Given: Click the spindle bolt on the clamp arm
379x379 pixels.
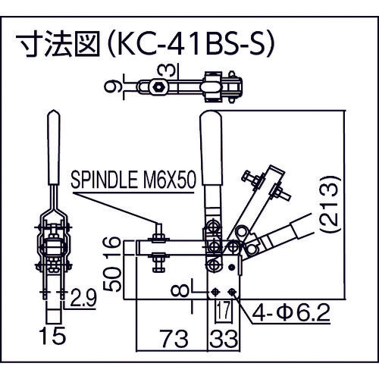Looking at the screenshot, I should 159,246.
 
